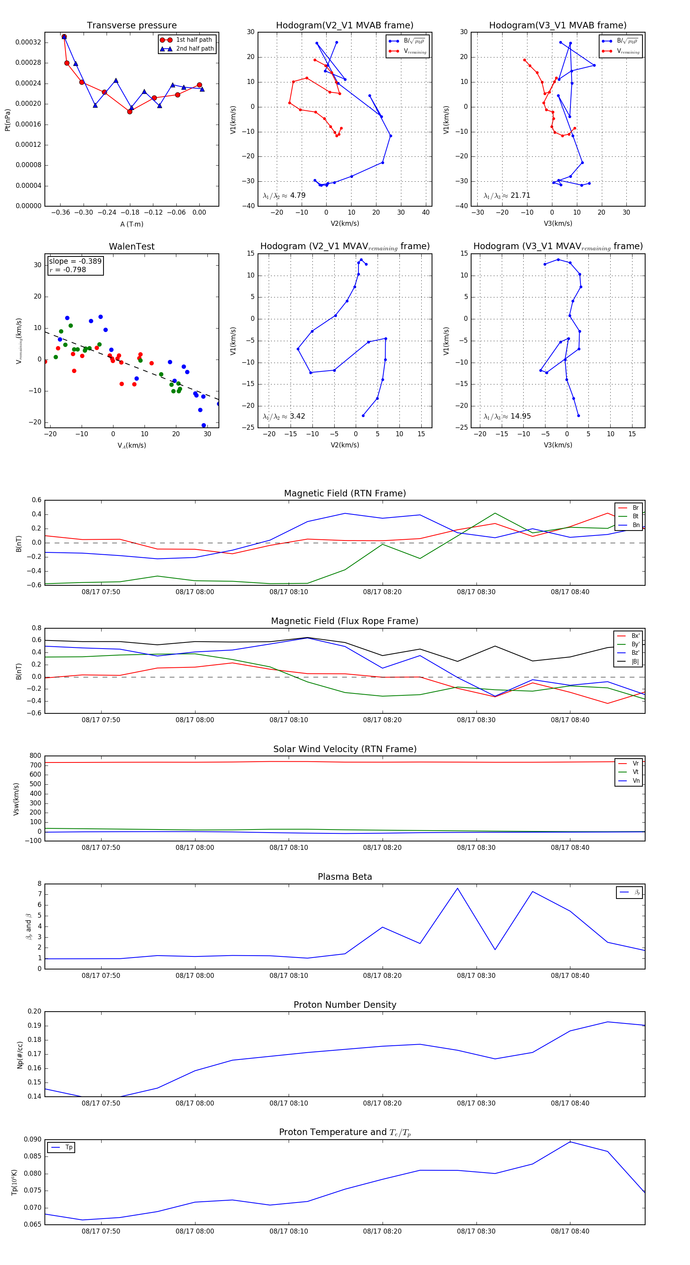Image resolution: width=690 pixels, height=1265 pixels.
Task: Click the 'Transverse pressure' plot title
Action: (x=131, y=26)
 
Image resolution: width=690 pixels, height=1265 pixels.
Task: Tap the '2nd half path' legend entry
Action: (x=194, y=49)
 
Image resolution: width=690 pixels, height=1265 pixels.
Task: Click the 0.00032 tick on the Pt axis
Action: (x=28, y=42)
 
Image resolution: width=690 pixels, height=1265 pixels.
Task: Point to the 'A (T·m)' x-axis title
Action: (x=131, y=224)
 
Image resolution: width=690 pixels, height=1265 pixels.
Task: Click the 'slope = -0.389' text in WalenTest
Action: (x=75, y=261)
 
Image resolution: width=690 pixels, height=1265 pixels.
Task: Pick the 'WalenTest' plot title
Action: (x=131, y=246)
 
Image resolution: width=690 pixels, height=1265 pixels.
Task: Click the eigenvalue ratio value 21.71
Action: (x=520, y=195)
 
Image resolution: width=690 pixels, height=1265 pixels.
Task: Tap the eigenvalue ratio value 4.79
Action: (x=297, y=195)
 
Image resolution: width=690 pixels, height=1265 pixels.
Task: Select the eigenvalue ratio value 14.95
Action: (x=520, y=416)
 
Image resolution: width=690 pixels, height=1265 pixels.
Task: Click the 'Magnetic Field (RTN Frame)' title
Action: (x=345, y=493)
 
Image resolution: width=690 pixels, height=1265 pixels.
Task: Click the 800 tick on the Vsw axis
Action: (x=35, y=756)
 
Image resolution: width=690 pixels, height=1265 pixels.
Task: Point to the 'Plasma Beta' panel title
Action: (x=345, y=877)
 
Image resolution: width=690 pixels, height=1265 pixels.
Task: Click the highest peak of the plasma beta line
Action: (x=457, y=888)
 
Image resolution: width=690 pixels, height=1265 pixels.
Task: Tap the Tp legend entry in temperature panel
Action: (x=68, y=1148)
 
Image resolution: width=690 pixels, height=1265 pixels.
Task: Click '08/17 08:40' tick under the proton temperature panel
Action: (x=570, y=1231)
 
